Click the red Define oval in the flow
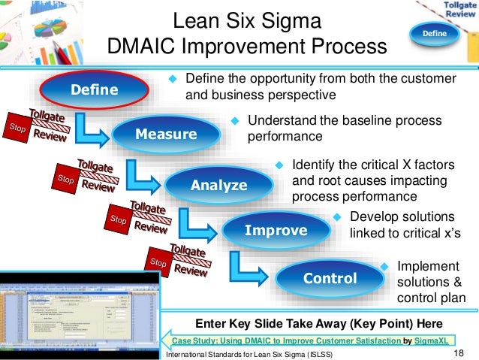coord(94,90)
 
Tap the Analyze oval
coord(218,185)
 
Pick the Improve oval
coord(276,230)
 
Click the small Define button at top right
coord(434,34)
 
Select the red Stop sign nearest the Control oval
coord(158,262)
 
